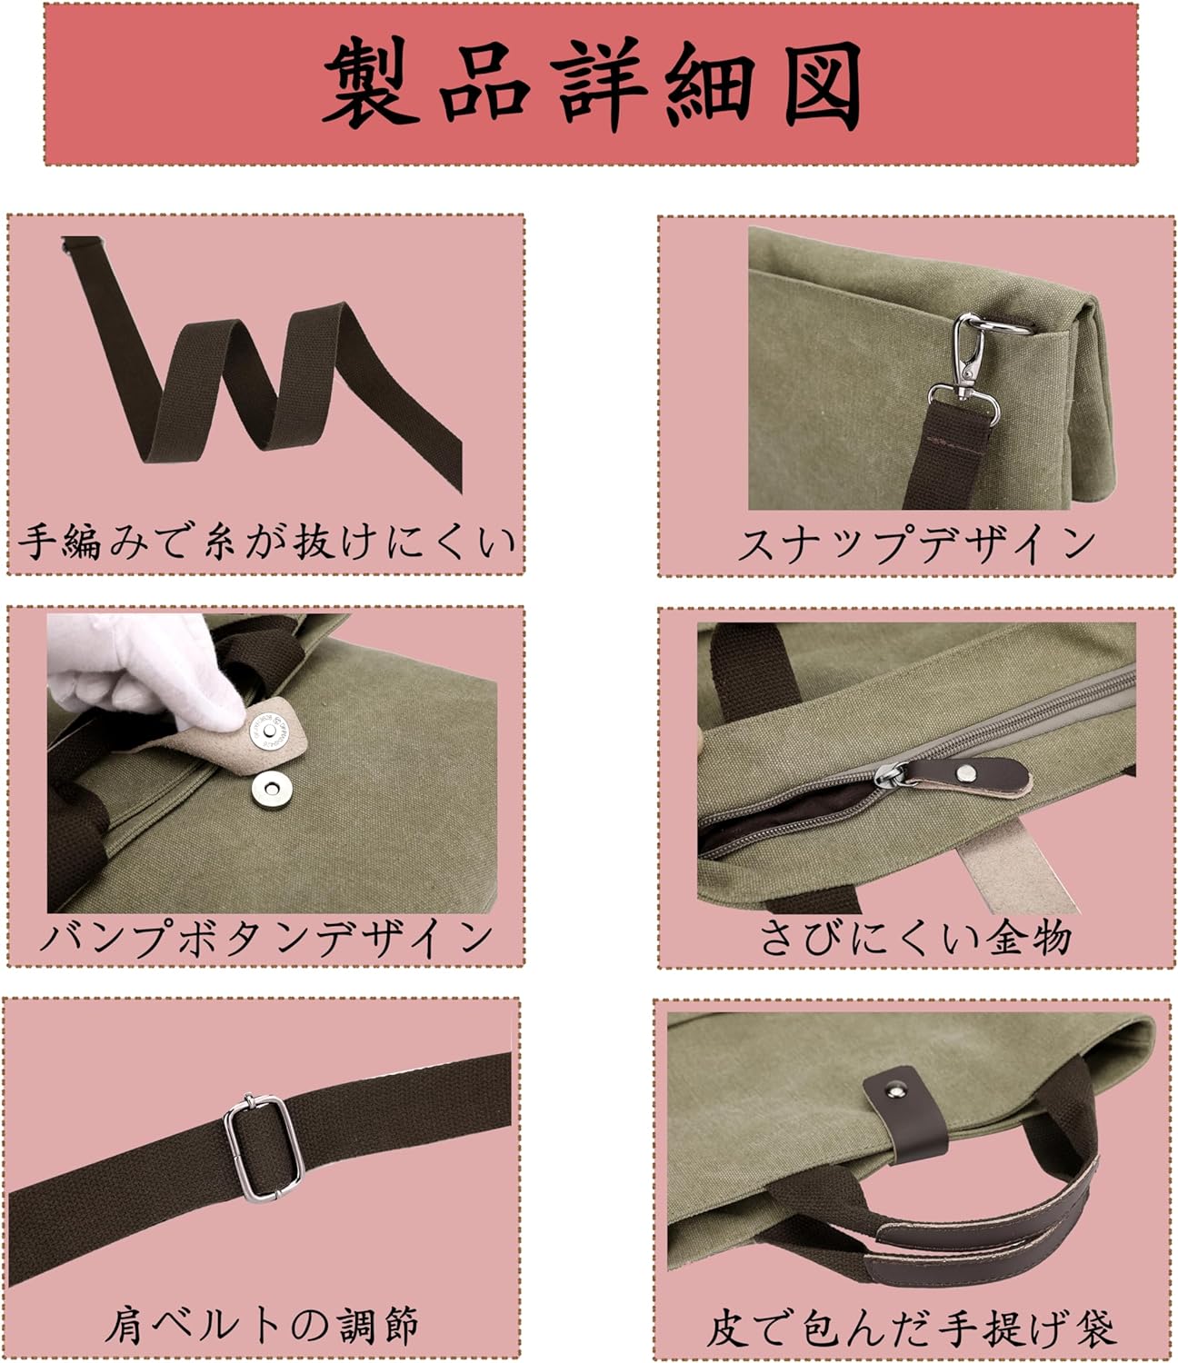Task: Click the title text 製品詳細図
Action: (x=593, y=85)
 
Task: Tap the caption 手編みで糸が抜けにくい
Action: (x=265, y=542)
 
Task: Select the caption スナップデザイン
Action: (x=916, y=544)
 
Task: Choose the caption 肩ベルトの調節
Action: (x=262, y=1326)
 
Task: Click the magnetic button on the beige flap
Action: (x=269, y=731)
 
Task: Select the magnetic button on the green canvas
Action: (x=269, y=789)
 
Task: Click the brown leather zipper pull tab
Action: (x=966, y=773)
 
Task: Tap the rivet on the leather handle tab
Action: (x=894, y=1091)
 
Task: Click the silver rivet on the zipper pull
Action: (x=968, y=769)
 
